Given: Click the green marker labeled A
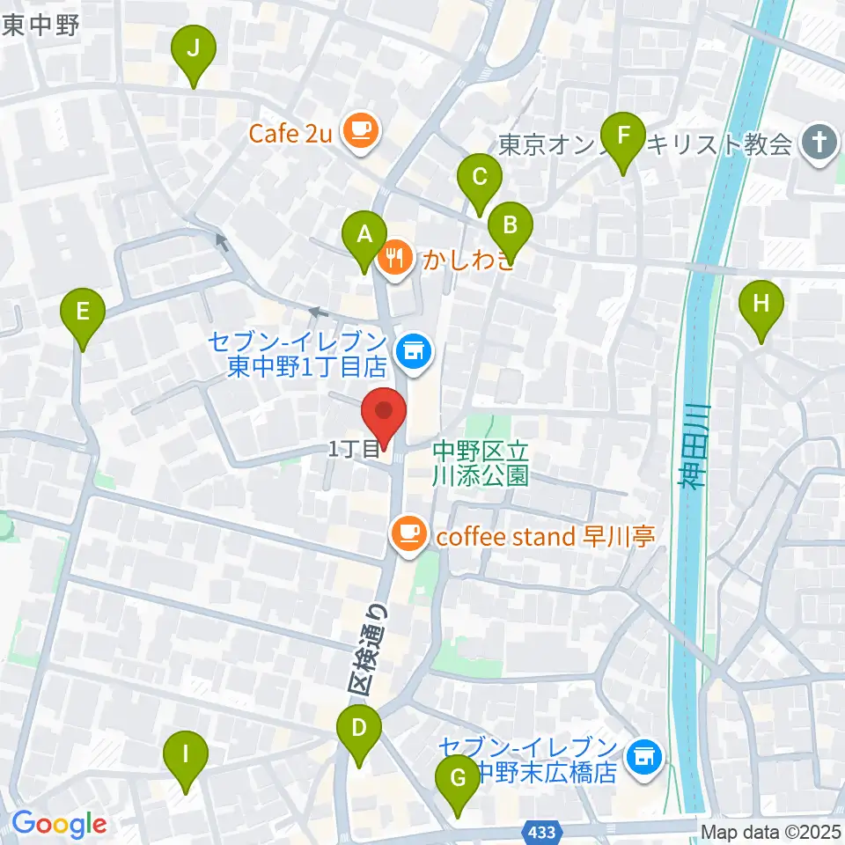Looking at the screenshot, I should tap(363, 236).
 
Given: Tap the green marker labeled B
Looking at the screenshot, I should tap(510, 226).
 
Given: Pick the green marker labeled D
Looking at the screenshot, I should tap(358, 730).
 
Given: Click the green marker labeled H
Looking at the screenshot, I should tap(762, 305).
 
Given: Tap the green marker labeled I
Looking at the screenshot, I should tap(186, 755).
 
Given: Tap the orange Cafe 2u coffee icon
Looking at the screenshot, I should tap(358, 132).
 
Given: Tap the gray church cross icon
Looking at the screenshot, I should tap(819, 142).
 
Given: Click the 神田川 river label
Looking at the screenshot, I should tap(693, 458).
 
